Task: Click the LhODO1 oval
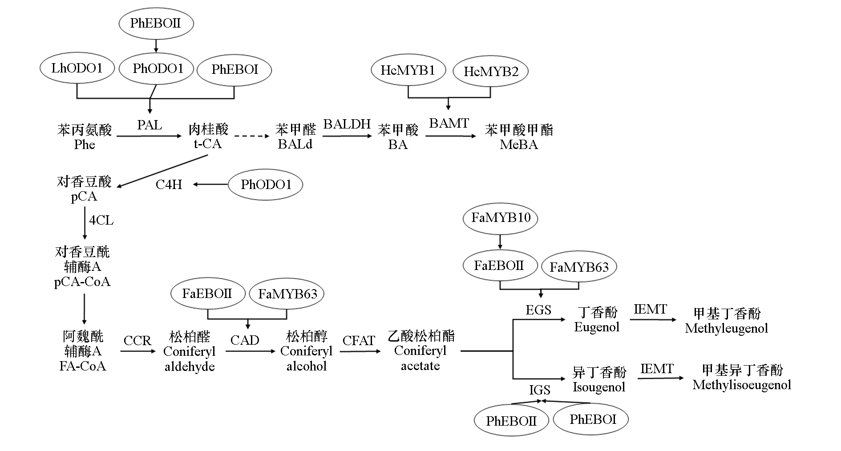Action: coord(77,68)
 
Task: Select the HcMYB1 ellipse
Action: coord(408,70)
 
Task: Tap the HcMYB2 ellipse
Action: coord(490,72)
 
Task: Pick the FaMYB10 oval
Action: coord(501,218)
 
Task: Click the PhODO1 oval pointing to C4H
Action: coord(266,185)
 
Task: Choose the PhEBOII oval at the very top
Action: coord(156,23)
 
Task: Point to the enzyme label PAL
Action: coord(150,125)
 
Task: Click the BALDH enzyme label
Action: coord(347,124)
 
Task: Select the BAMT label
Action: coord(449,123)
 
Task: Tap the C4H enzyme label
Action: coord(169,185)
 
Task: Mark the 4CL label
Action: coord(101,220)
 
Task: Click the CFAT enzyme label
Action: coord(359,341)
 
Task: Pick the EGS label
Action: coord(538,310)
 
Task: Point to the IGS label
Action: coord(539,390)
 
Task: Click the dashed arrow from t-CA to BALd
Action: coord(251,136)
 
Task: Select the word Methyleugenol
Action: coord(726,329)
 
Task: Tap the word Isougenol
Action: coord(599,387)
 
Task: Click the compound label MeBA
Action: coord(519,145)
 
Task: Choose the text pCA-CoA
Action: coord(82,282)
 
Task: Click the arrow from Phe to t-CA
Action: coord(149,136)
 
